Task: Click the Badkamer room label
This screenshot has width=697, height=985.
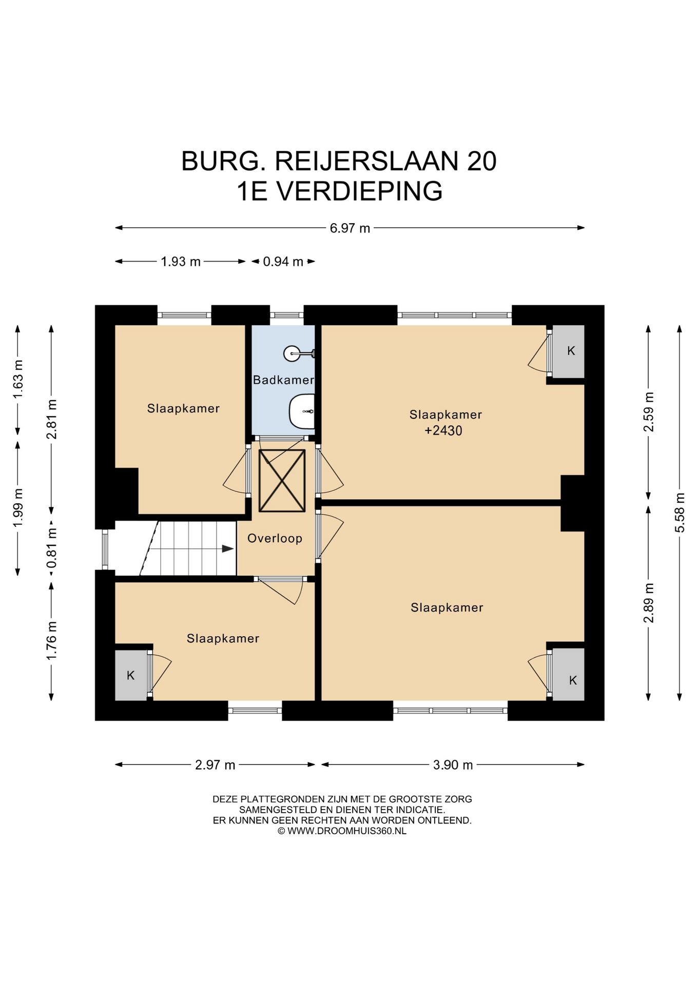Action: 283,380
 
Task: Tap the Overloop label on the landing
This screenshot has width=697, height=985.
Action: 275,538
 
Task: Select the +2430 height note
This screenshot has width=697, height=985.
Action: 443,430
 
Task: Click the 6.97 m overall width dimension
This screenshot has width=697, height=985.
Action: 350,228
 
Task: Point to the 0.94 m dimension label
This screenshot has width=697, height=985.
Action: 283,262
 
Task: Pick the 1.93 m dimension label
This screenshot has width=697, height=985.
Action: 181,262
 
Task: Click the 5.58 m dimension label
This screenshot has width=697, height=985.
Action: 680,513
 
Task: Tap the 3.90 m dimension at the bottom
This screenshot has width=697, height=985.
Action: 453,765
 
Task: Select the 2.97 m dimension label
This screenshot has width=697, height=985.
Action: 215,765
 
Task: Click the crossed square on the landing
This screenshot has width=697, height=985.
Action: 282,481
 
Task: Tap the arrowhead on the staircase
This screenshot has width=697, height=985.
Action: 227,548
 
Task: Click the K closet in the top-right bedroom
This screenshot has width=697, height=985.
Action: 568,351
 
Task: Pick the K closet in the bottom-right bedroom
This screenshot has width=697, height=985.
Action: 568,674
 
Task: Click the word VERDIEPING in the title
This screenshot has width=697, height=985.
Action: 359,191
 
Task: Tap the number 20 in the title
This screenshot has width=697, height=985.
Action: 481,161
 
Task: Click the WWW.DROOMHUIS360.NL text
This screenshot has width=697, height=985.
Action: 347,831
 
